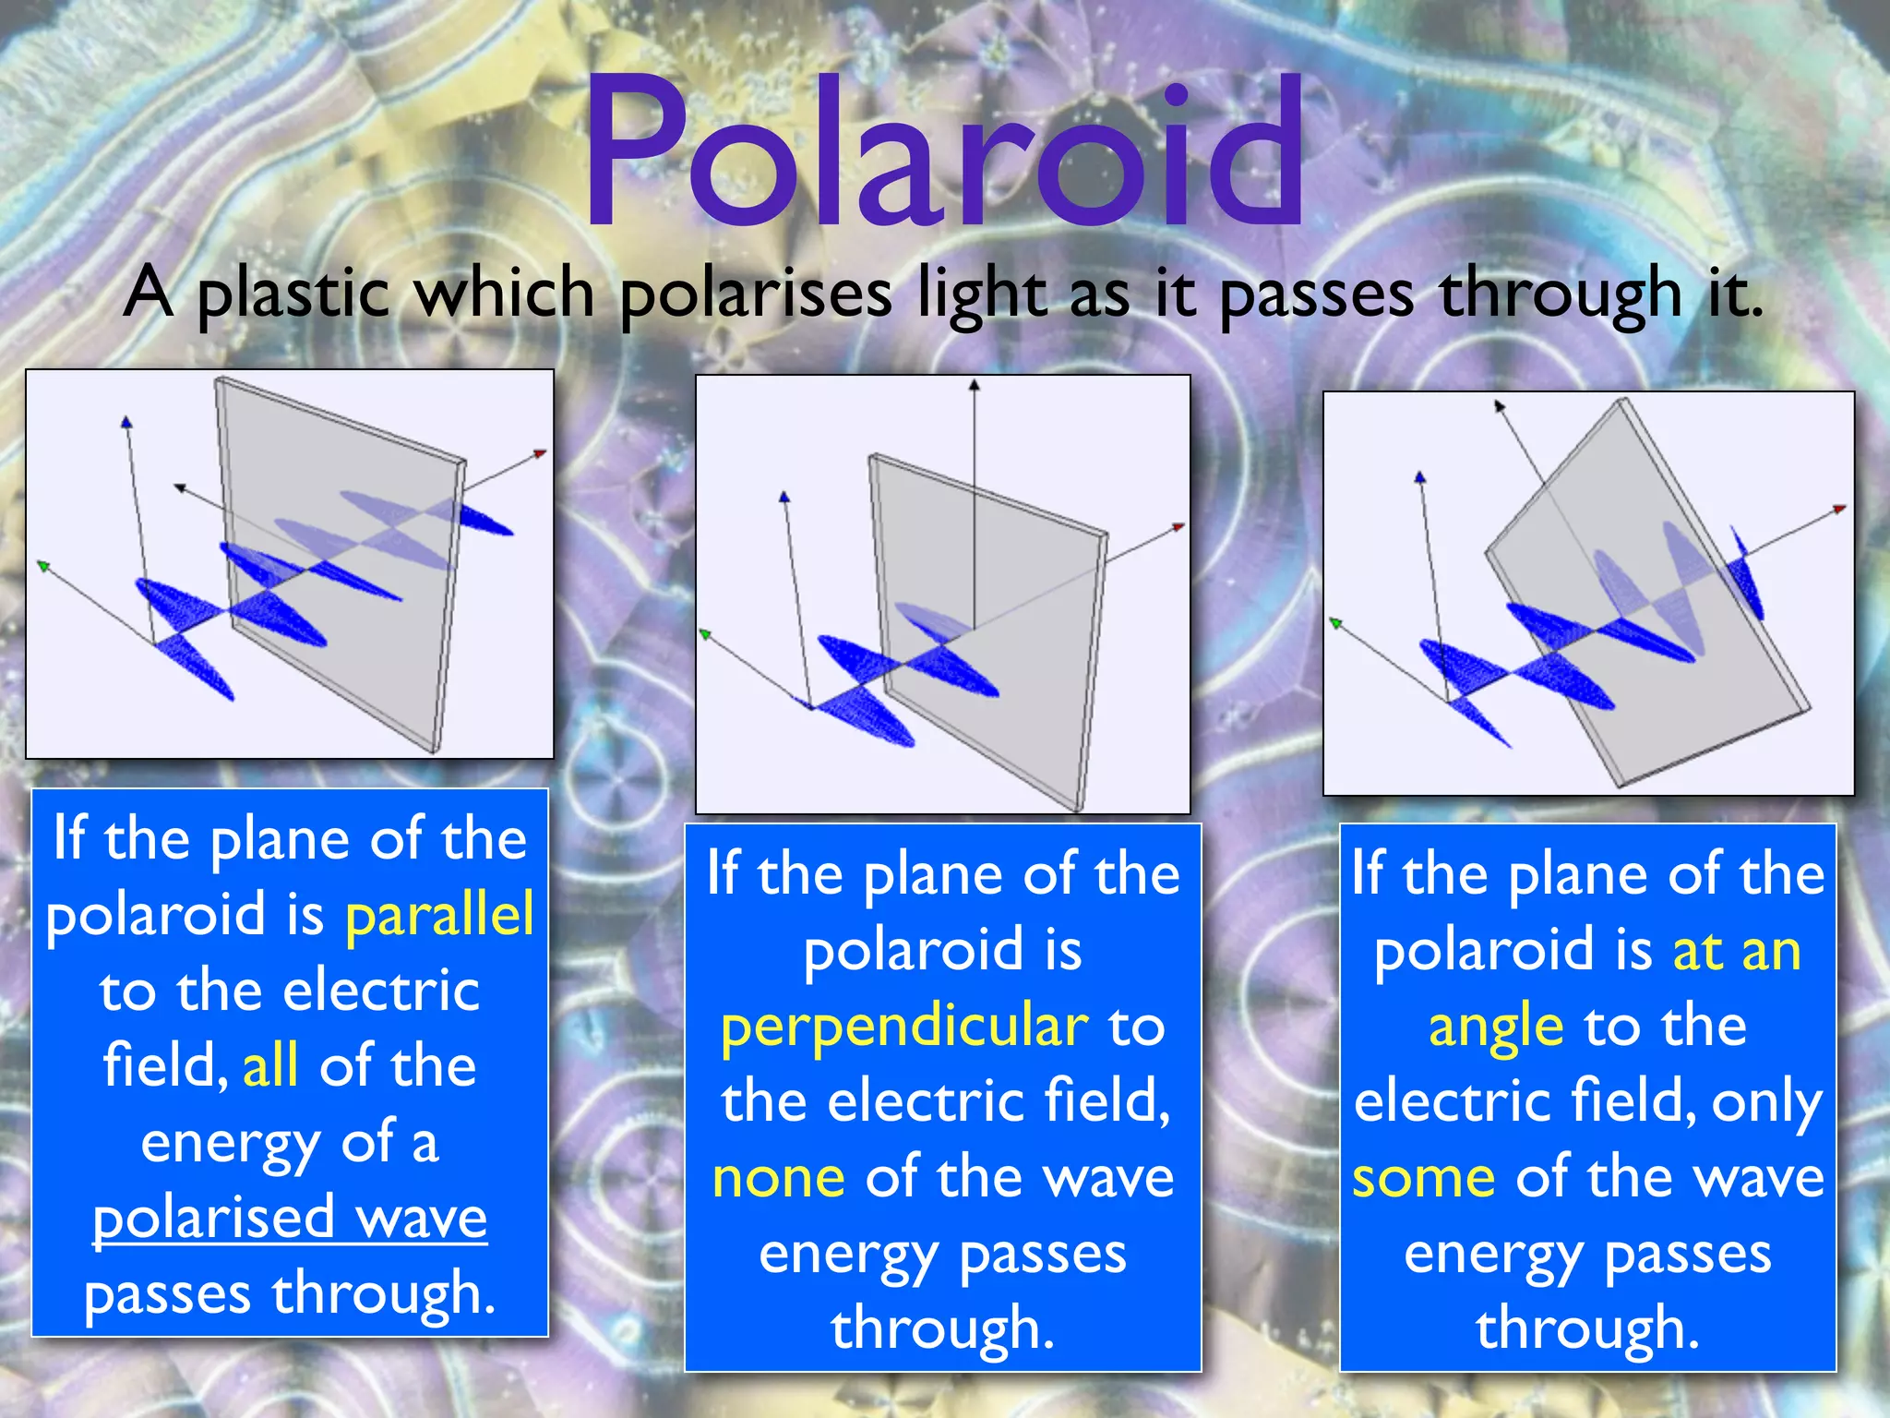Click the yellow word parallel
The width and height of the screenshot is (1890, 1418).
439,915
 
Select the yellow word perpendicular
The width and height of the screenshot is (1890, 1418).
904,1027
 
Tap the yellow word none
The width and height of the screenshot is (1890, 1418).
779,1178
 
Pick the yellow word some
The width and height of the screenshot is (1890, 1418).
1423,1178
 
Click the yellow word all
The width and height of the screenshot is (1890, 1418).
269,1066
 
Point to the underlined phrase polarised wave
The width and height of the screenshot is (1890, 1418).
290,1218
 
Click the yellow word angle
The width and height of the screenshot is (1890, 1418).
1495,1027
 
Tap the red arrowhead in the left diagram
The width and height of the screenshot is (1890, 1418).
540,453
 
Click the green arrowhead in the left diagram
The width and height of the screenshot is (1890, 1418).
42,565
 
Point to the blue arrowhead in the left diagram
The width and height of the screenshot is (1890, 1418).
126,423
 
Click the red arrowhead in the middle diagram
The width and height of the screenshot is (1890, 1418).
1178,527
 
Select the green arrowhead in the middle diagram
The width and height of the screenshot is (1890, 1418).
705,634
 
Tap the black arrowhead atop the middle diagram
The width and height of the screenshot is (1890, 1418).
974,385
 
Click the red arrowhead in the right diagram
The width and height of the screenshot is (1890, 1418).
1838,509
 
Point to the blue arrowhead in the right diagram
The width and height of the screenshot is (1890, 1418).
1420,477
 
